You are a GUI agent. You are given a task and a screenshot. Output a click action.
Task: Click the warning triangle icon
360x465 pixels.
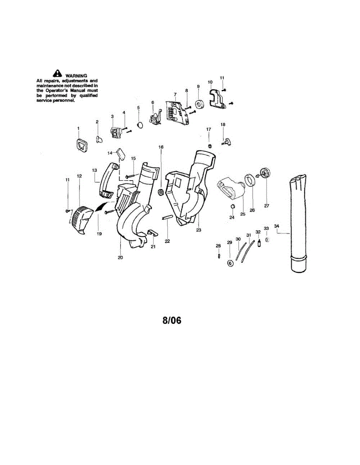click(57, 72)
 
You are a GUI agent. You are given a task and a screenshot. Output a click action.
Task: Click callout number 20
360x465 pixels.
click(120, 257)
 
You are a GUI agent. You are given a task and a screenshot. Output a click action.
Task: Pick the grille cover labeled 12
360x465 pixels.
click(80, 219)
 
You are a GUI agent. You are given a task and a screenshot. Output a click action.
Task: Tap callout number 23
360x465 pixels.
click(199, 229)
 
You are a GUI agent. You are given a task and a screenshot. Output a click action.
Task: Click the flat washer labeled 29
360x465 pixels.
click(230, 263)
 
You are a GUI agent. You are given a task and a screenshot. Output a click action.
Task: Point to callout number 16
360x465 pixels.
click(161, 147)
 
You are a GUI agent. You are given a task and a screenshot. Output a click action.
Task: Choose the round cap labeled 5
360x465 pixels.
click(139, 125)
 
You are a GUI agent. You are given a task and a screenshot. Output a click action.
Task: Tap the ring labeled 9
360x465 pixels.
click(199, 104)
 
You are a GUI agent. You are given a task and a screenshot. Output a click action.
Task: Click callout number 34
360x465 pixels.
click(276, 226)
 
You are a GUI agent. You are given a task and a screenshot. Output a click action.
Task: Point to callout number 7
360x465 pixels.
click(175, 94)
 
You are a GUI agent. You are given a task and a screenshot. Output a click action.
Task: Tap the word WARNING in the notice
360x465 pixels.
click(76, 75)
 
